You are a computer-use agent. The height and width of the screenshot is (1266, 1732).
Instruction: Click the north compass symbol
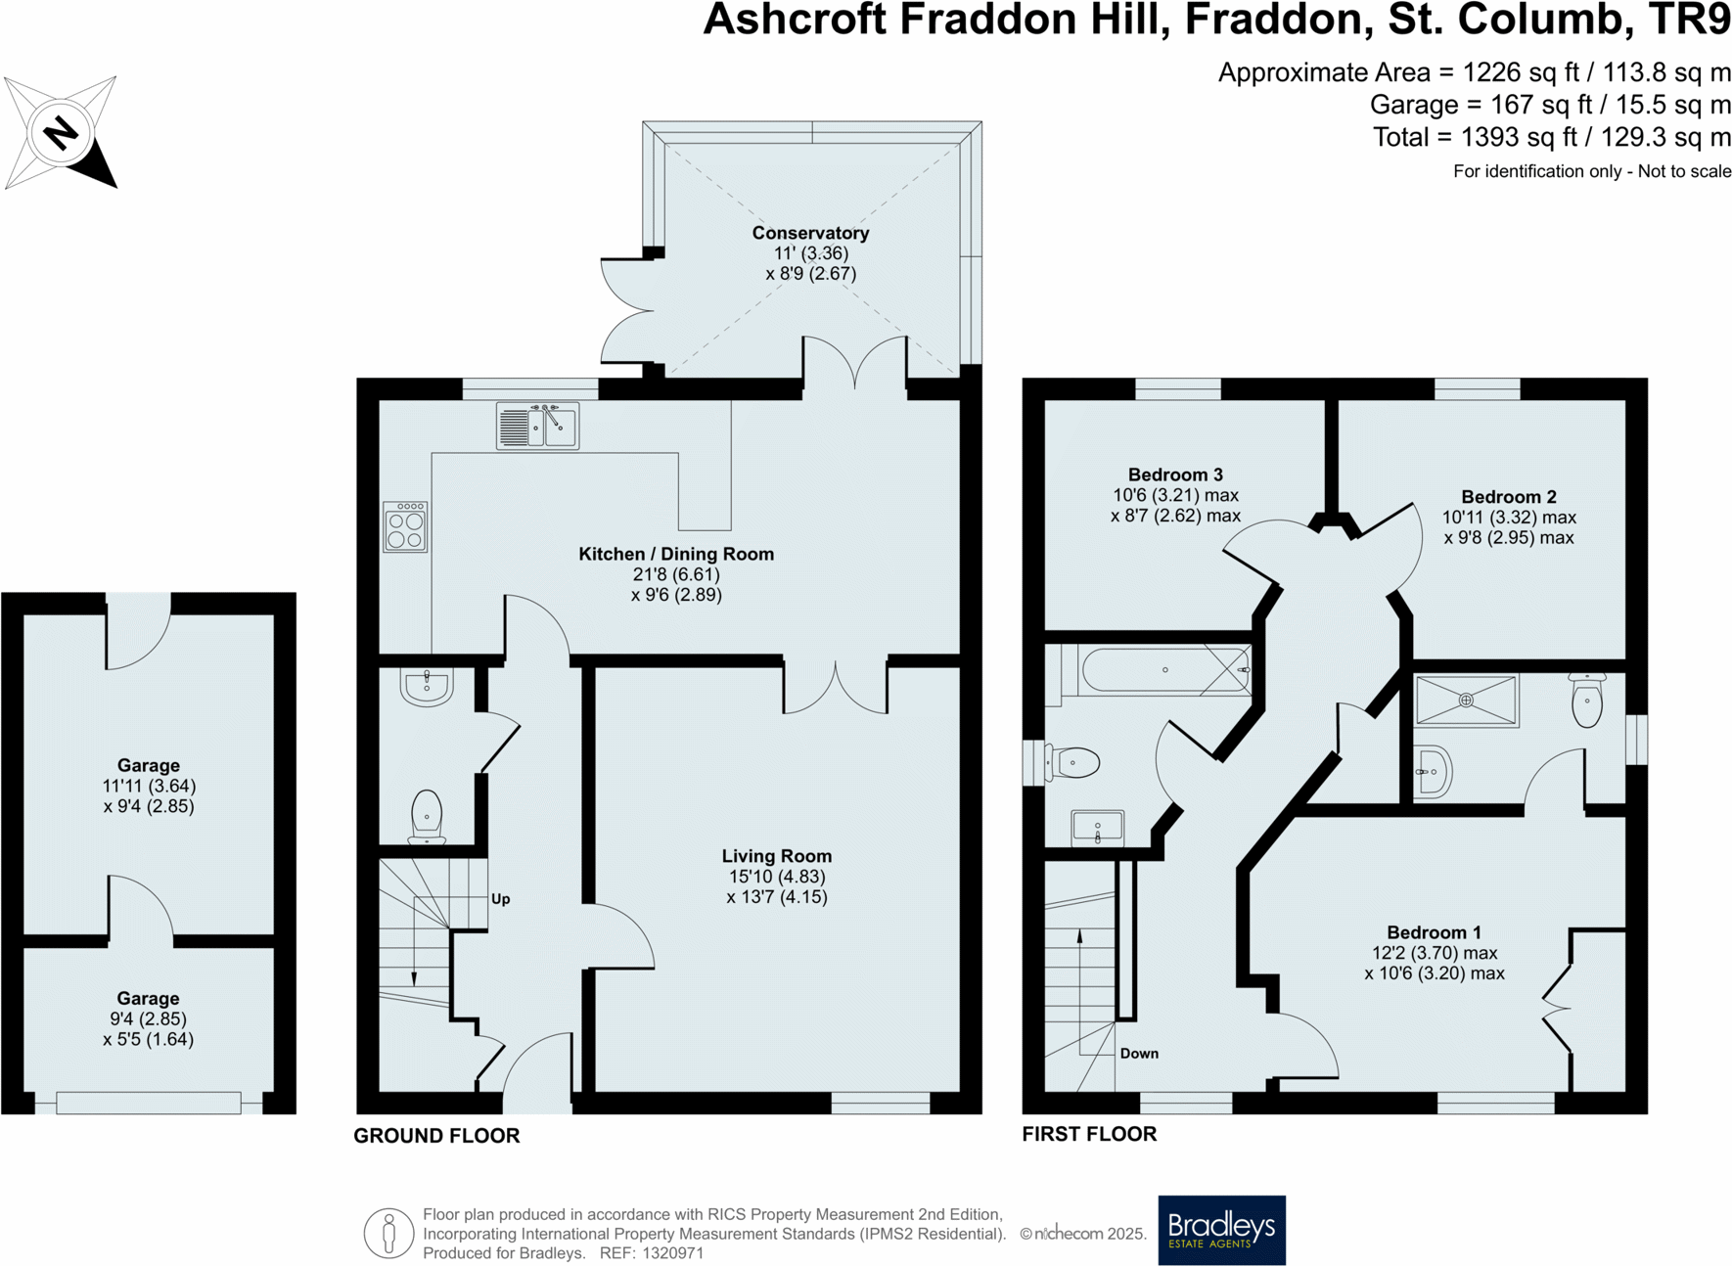tap(61, 132)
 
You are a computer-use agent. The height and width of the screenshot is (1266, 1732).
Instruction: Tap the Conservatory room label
tap(810, 233)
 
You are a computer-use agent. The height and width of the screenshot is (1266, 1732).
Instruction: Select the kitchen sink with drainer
tap(537, 426)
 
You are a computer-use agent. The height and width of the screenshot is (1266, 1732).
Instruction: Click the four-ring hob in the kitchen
tap(405, 527)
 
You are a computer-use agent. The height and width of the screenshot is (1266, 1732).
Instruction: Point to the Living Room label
tap(777, 856)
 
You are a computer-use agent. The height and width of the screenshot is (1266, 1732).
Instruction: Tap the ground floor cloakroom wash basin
tap(427, 686)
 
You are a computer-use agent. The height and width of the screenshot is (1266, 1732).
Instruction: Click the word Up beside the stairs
tap(500, 899)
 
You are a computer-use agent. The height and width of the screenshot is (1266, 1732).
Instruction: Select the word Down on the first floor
tap(1139, 1054)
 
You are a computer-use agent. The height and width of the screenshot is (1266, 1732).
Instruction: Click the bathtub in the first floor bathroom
tap(1164, 670)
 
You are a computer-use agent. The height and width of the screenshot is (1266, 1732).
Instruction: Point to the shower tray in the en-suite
tap(1466, 701)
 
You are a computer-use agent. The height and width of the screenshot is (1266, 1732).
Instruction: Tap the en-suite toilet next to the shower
tap(1586, 700)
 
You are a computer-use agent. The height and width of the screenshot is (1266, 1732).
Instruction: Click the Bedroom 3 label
tap(1175, 475)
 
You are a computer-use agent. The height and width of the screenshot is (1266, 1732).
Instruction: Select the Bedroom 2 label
tap(1509, 497)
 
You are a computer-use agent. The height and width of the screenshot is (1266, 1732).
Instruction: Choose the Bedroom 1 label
tap(1434, 932)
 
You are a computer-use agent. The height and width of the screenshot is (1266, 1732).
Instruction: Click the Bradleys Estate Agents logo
tap(1221, 1230)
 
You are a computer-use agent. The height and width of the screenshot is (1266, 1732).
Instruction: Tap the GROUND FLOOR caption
tap(436, 1136)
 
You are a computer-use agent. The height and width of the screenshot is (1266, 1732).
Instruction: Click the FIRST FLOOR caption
tap(1089, 1134)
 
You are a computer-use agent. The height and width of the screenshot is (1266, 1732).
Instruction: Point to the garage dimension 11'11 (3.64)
tap(149, 786)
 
